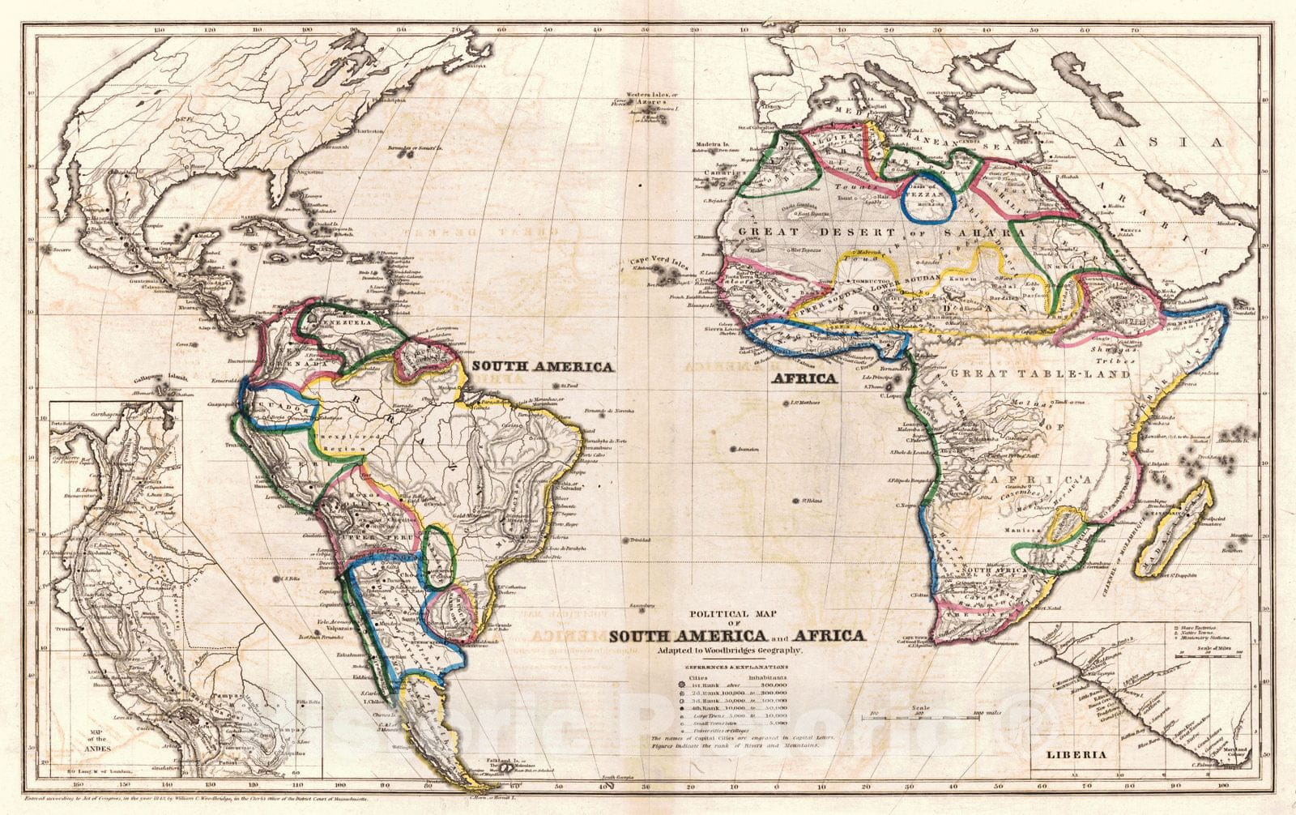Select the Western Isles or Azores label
655,100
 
